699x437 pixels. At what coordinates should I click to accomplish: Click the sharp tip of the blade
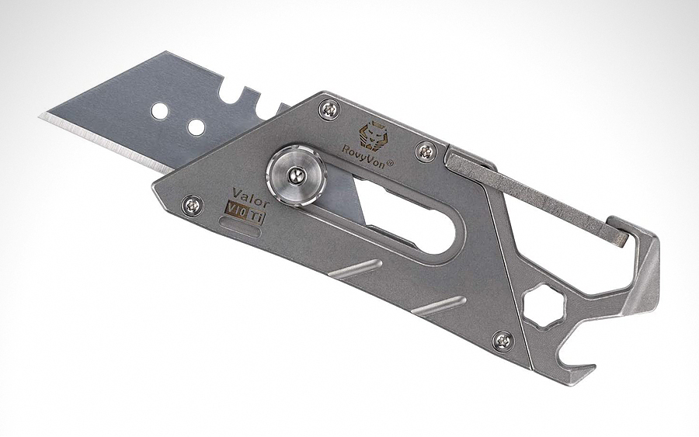(41, 117)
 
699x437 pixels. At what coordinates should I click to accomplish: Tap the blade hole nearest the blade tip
(159, 111)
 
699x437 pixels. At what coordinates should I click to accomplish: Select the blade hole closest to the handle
(196, 127)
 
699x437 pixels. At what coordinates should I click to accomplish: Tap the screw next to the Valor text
(191, 206)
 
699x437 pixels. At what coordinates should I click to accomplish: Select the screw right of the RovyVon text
(425, 151)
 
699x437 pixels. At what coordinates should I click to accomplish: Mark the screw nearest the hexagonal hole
(503, 340)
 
